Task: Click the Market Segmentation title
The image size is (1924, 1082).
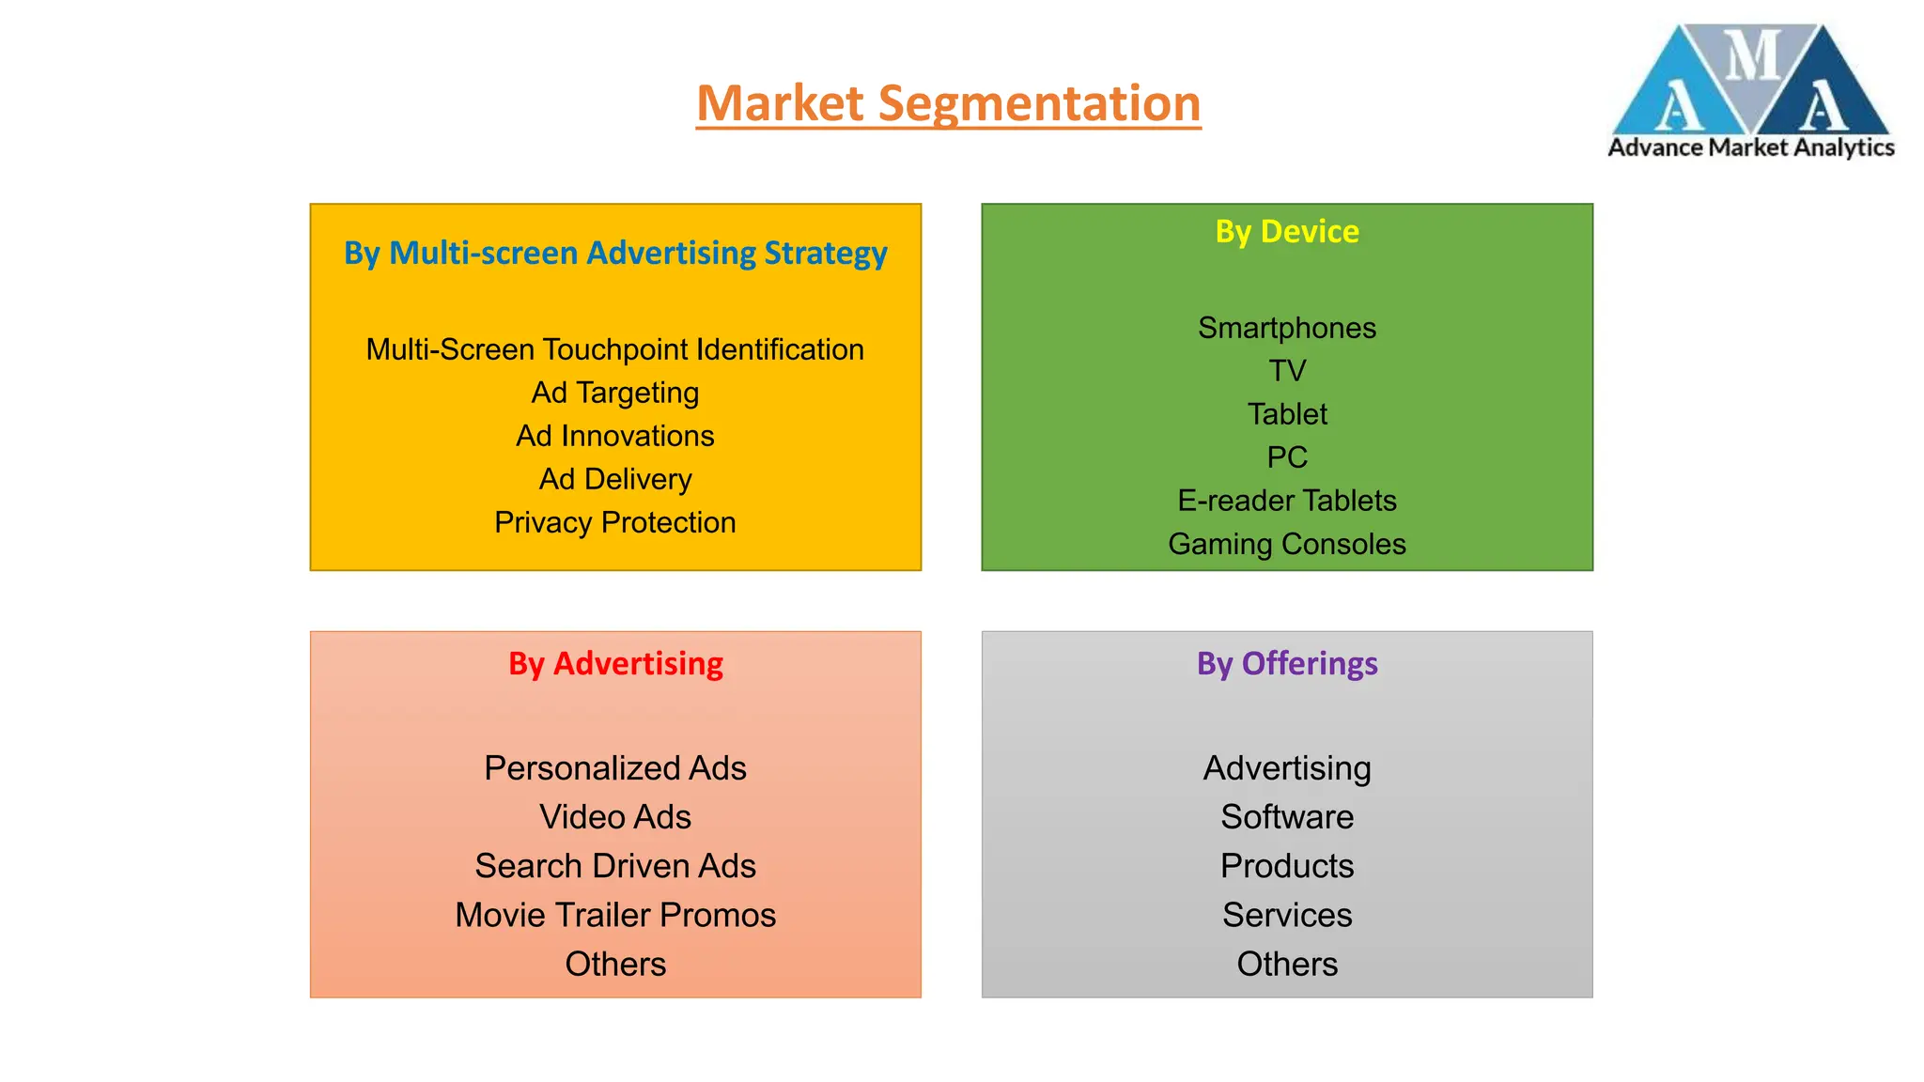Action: [948, 103]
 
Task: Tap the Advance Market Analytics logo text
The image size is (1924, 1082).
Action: [1751, 147]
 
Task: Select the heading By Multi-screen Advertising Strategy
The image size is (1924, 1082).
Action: [615, 254]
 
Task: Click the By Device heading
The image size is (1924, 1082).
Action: [1287, 232]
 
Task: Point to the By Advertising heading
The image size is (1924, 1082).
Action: [615, 664]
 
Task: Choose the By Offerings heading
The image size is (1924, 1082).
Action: [1287, 664]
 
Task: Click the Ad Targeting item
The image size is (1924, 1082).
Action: [615, 393]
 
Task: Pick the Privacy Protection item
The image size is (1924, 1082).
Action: [615, 522]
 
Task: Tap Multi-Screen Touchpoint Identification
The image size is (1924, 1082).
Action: [615, 349]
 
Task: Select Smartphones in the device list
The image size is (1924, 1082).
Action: [1287, 328]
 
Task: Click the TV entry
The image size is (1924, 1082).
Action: [1287, 371]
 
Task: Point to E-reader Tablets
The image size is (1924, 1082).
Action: [1287, 501]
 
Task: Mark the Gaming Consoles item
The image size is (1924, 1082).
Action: [1287, 544]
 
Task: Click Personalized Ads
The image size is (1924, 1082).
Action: [615, 768]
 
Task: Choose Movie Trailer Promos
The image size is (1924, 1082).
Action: [615, 915]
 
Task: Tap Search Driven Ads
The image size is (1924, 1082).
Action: [615, 866]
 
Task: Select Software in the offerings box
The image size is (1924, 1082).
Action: [1287, 817]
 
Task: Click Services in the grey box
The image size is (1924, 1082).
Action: [1287, 915]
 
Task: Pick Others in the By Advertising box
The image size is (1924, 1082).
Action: [615, 964]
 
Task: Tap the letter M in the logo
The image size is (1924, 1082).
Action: [1753, 56]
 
